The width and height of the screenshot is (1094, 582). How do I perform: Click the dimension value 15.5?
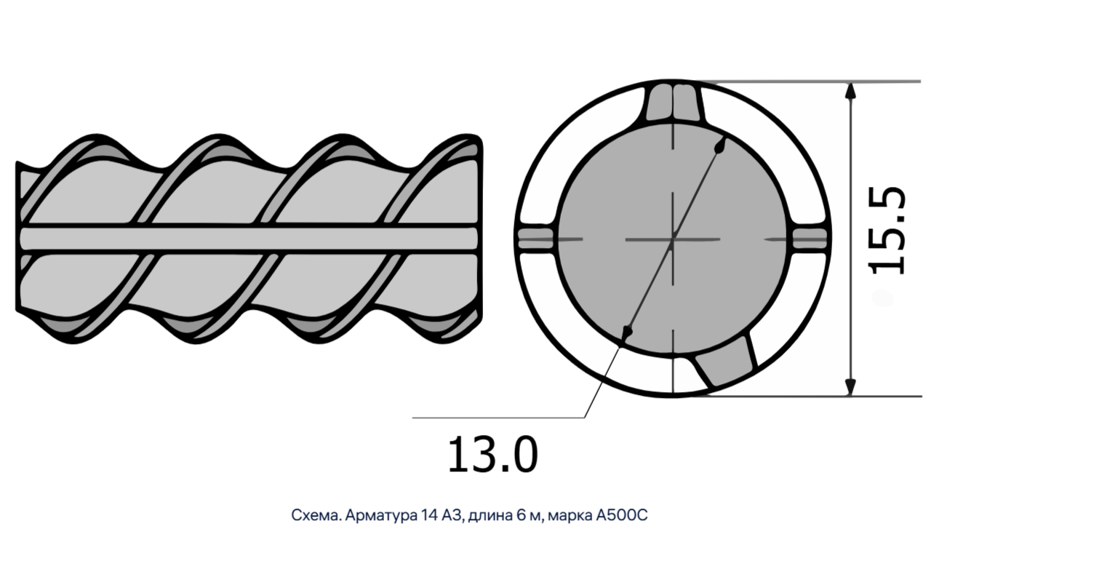click(x=887, y=231)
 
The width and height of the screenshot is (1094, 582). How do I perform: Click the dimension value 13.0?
click(x=492, y=455)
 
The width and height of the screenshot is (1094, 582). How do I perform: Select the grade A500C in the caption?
click(x=622, y=515)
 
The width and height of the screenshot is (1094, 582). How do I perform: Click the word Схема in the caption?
click(x=316, y=515)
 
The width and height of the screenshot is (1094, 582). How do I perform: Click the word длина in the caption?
click(x=490, y=516)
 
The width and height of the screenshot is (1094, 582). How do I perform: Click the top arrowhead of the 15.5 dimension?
click(x=850, y=91)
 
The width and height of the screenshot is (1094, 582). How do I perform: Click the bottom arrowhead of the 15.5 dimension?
click(x=850, y=387)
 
